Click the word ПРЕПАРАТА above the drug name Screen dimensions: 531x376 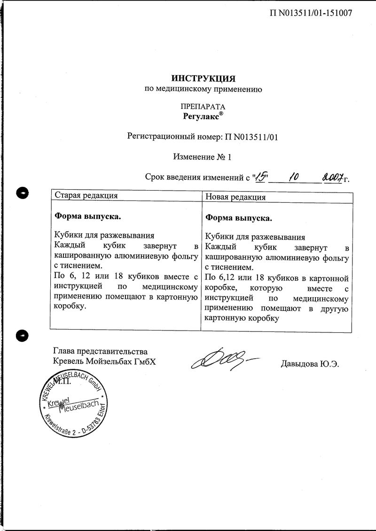(x=202, y=106)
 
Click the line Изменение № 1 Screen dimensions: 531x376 (x=202, y=157)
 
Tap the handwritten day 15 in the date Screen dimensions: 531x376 (x=260, y=177)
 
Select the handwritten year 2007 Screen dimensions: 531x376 (x=332, y=177)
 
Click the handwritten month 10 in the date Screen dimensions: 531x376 (x=295, y=177)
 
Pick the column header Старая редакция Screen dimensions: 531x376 (x=86, y=195)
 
